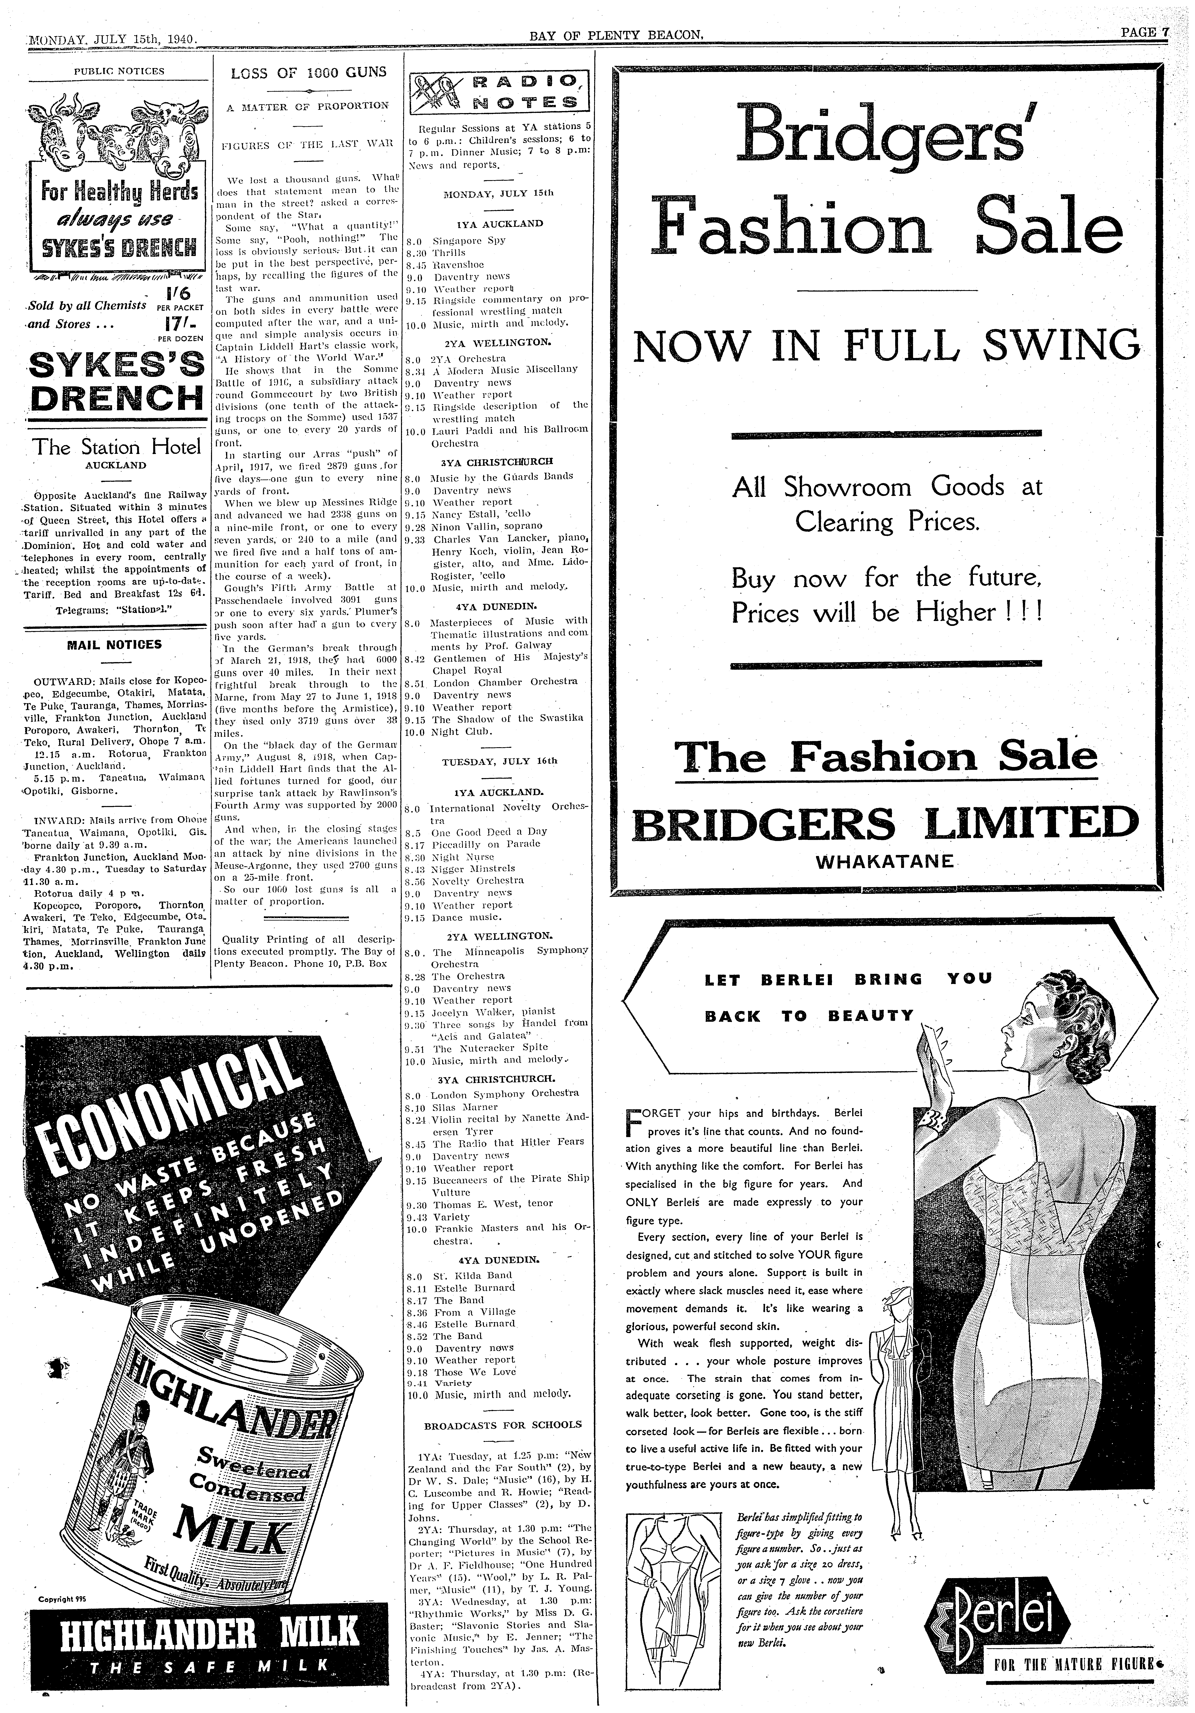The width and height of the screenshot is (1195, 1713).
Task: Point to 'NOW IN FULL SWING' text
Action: pyautogui.click(x=887, y=345)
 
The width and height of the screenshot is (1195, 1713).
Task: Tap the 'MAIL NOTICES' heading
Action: pyautogui.click(x=114, y=644)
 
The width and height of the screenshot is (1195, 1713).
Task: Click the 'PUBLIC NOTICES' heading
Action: pyautogui.click(x=119, y=72)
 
